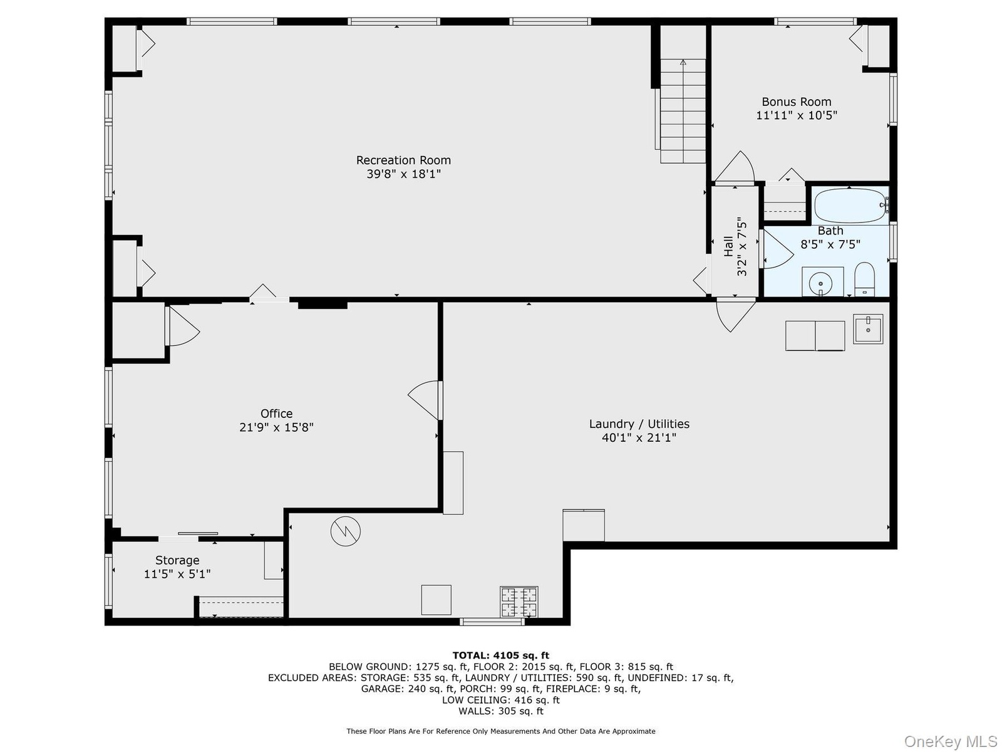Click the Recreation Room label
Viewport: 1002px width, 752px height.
pyautogui.click(x=403, y=160)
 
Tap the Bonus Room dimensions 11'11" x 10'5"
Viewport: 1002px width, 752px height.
pyautogui.click(x=797, y=115)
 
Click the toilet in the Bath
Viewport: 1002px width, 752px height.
pyautogui.click(x=864, y=279)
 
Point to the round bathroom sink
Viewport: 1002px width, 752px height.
pyautogui.click(x=820, y=283)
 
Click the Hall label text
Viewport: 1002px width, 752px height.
pyautogui.click(x=728, y=246)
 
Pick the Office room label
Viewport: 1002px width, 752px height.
pyautogui.click(x=277, y=414)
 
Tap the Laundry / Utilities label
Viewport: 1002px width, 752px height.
pyautogui.click(x=639, y=424)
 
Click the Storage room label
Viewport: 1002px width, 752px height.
pyautogui.click(x=177, y=560)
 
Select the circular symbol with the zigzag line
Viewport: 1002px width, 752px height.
pyautogui.click(x=346, y=531)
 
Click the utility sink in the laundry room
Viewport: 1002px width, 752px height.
pyautogui.click(x=868, y=329)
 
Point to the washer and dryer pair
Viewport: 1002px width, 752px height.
pyautogui.click(x=815, y=336)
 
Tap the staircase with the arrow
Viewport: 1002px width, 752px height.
pyautogui.click(x=683, y=111)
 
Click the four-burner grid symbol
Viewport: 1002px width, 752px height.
pyautogui.click(x=519, y=602)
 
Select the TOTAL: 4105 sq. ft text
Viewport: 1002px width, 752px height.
pyautogui.click(x=501, y=656)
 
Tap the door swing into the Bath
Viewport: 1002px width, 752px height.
pyautogui.click(x=777, y=249)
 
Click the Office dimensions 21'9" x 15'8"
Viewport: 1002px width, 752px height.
pyautogui.click(x=277, y=427)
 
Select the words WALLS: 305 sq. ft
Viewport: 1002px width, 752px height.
pyautogui.click(x=501, y=711)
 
